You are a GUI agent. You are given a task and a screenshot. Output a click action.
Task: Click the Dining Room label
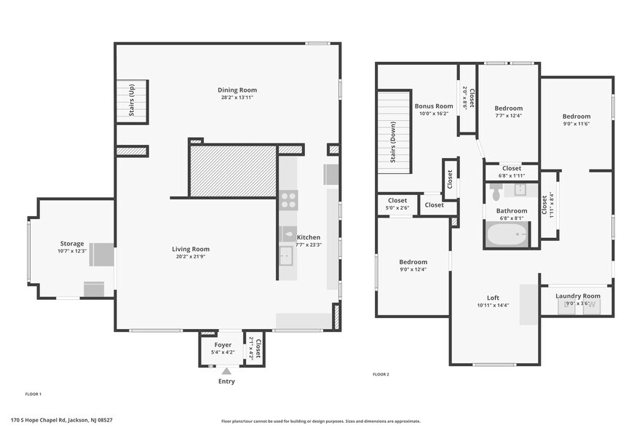point(237,90)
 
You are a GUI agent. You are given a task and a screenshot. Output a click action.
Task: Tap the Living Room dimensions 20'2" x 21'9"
point(192,257)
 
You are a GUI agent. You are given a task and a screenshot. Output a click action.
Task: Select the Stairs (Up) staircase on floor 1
point(132,100)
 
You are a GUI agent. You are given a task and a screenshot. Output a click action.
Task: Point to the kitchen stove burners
point(288,199)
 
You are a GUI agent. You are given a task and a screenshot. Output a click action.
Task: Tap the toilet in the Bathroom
point(496,192)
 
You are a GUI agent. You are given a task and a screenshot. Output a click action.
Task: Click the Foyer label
point(223,345)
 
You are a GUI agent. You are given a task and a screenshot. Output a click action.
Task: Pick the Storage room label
point(72,244)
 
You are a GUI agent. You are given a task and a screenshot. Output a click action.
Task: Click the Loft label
point(493,298)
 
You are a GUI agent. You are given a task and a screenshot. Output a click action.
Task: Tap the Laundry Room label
point(577,296)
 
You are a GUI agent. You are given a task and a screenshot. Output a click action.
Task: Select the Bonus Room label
point(434,106)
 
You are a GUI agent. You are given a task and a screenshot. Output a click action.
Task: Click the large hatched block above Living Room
point(233,171)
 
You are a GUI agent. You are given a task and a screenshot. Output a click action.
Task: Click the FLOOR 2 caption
point(381,374)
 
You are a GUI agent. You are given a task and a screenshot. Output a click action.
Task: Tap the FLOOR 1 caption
point(33,394)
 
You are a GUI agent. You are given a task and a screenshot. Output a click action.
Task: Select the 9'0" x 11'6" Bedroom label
point(576,116)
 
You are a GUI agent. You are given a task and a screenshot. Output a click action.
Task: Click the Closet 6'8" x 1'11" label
point(512,168)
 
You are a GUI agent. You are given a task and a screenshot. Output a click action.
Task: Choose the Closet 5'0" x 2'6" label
point(397,200)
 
